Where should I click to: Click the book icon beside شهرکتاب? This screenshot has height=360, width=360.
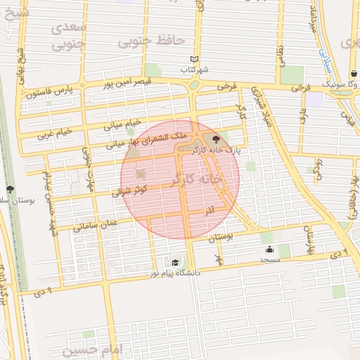[x=195, y=60]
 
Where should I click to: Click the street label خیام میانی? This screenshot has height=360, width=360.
[x=122, y=124]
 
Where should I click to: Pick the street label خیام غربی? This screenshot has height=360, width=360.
[x=55, y=132]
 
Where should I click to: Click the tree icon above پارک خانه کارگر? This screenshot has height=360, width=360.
[x=225, y=140]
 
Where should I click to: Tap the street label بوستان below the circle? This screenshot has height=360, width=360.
[x=221, y=238]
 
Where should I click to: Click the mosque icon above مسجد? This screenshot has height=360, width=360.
[x=269, y=250]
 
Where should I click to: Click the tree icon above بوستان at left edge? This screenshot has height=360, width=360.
[x=10, y=189]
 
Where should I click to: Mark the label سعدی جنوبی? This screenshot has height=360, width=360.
[x=69, y=34]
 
